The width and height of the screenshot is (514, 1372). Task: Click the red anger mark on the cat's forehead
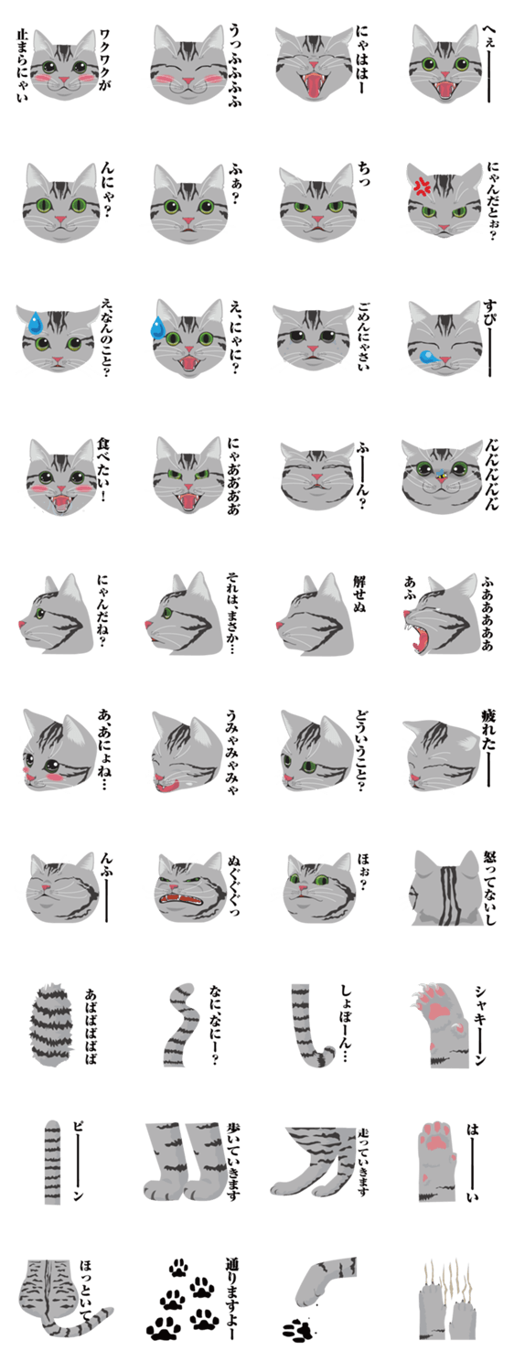pyautogui.click(x=423, y=187)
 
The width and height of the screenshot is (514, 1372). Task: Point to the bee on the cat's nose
pyautogui.click(x=441, y=474)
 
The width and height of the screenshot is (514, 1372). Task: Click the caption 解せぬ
pyautogui.click(x=359, y=593)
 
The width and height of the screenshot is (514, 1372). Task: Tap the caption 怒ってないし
pyautogui.click(x=489, y=887)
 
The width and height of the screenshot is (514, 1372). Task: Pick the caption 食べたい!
pyautogui.click(x=103, y=470)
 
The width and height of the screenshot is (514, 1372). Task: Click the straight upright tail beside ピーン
pyautogui.click(x=53, y=1162)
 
